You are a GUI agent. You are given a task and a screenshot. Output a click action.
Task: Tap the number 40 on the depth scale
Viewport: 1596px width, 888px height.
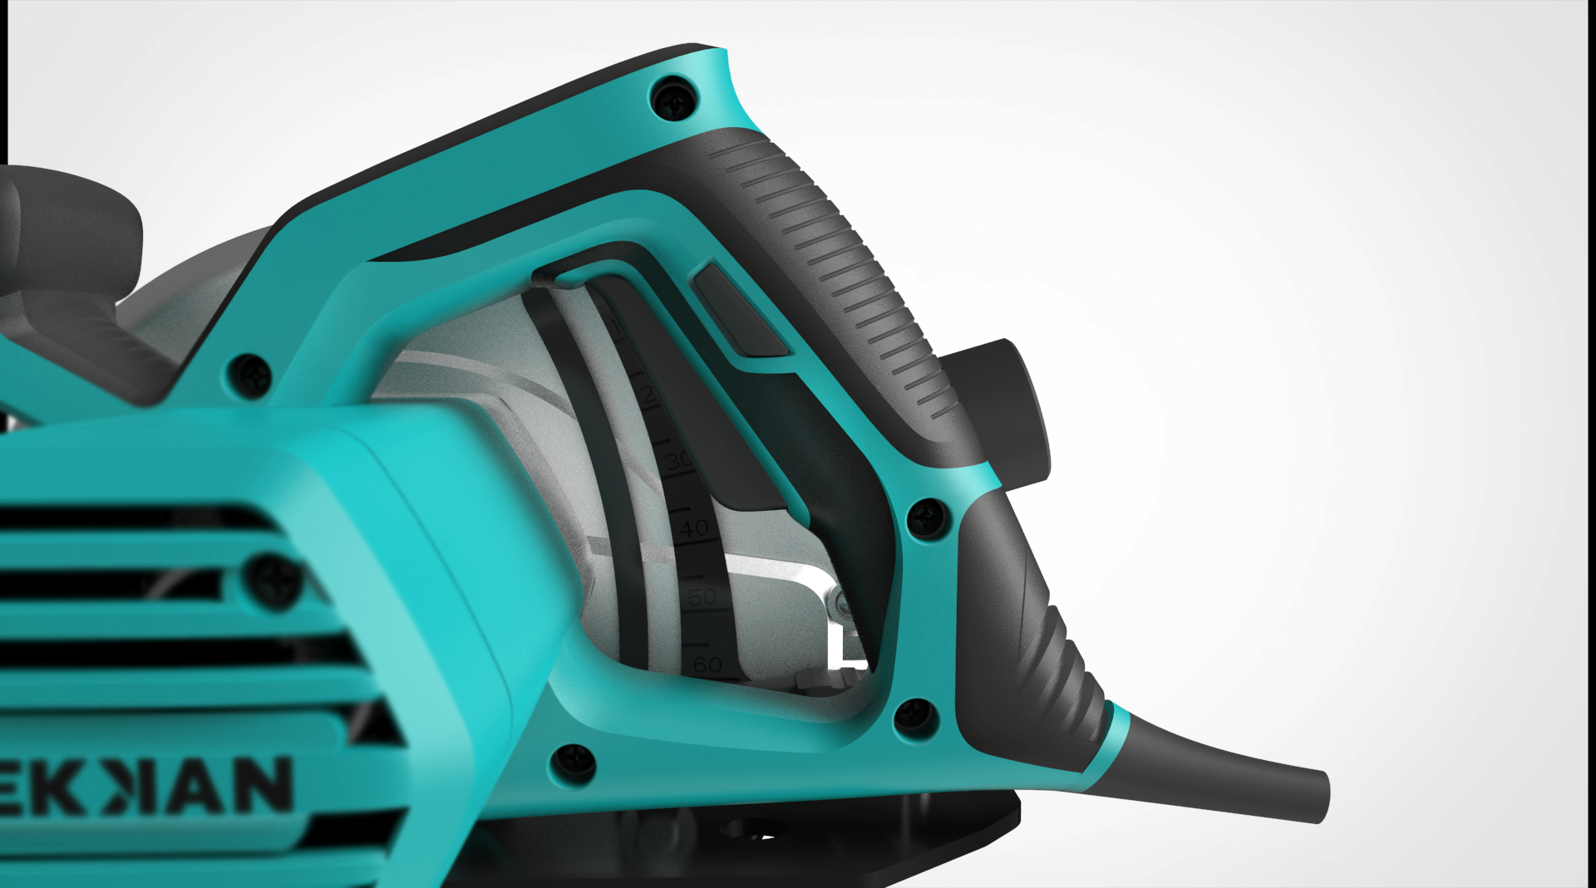pos(694,527)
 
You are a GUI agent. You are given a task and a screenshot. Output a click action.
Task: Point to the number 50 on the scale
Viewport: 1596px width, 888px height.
pos(702,596)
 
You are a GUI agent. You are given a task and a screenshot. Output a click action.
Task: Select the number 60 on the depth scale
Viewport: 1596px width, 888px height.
pos(707,665)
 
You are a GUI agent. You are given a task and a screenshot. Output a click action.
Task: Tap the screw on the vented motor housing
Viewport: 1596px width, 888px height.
pos(273,577)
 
